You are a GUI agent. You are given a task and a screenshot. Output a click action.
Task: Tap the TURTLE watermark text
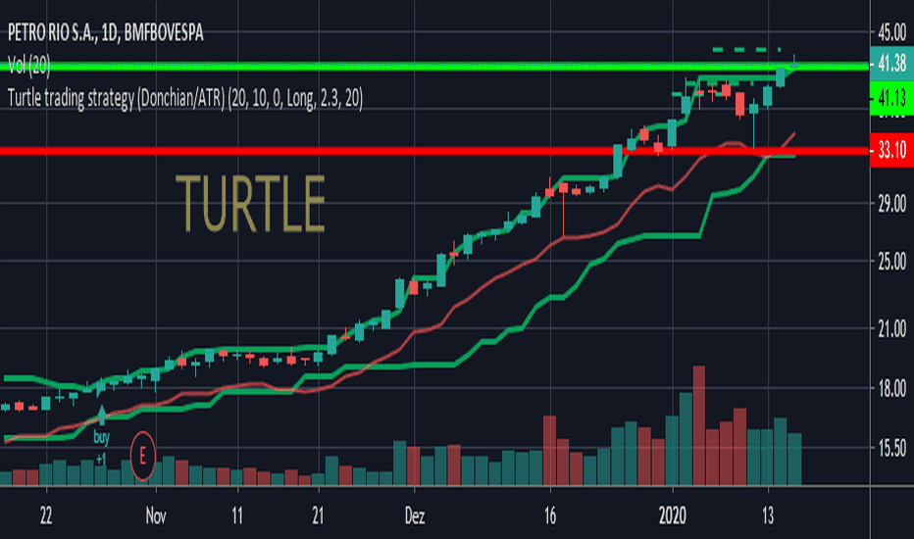(250, 203)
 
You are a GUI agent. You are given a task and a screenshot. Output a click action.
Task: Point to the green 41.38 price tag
(890, 66)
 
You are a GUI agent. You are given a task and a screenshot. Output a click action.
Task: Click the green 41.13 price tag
(890, 97)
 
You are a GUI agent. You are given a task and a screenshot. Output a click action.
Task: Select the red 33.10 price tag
(890, 151)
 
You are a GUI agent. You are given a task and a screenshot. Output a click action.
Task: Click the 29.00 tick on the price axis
(891, 204)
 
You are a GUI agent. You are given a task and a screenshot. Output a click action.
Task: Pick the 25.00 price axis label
(891, 262)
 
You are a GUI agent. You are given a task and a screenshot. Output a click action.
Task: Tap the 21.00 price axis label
(891, 330)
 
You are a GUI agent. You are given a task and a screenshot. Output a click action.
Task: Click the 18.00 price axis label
(891, 389)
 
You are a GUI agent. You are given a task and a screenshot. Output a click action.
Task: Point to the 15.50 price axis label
(891, 448)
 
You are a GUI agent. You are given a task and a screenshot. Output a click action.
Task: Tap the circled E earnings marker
(144, 456)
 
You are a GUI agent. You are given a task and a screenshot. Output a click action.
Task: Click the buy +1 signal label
(101, 444)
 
